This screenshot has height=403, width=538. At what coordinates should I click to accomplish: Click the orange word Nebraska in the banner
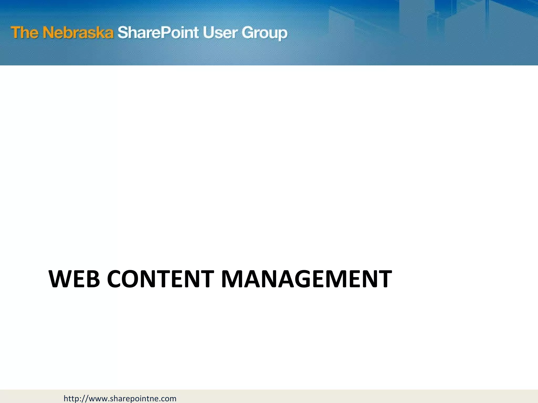[78, 33]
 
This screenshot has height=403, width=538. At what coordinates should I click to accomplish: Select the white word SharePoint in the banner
[158, 33]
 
